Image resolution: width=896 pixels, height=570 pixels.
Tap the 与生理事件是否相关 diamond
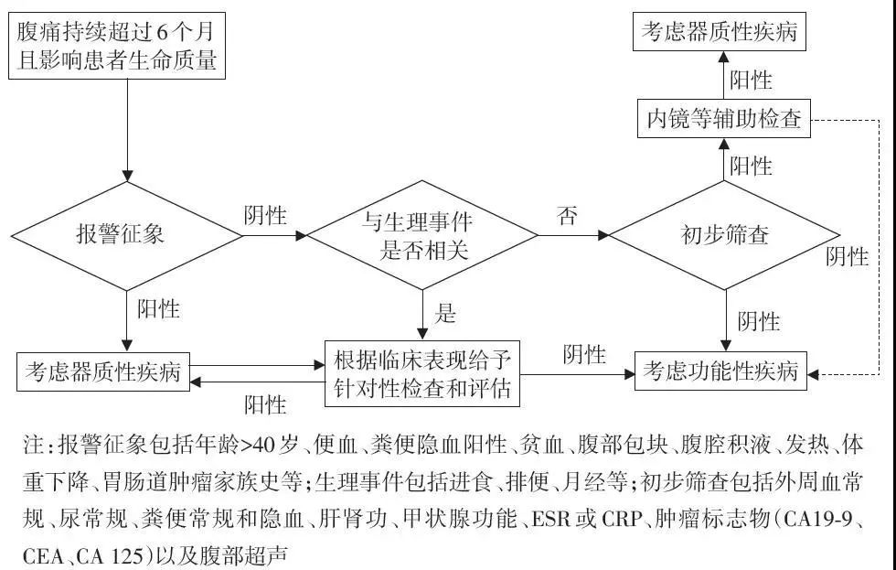point(421,236)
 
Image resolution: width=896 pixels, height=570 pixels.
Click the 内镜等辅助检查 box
point(723,120)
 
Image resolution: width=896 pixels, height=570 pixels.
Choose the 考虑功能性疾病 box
point(721,372)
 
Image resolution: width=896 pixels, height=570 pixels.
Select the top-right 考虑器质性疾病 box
point(719,32)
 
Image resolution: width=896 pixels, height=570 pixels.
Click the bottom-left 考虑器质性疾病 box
point(102,372)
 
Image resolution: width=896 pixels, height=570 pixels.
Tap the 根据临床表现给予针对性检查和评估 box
point(422,373)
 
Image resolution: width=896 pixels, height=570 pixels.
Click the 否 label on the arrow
point(568,217)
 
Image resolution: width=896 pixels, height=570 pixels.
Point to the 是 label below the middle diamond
point(444,314)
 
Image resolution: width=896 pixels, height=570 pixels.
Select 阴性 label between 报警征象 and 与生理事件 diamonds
point(265,217)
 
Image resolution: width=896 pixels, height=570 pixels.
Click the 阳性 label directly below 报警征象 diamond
point(158,309)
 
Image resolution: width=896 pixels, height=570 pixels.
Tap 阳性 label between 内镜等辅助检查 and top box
point(751,80)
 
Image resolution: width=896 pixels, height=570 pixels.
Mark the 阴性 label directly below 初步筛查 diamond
point(758,321)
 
